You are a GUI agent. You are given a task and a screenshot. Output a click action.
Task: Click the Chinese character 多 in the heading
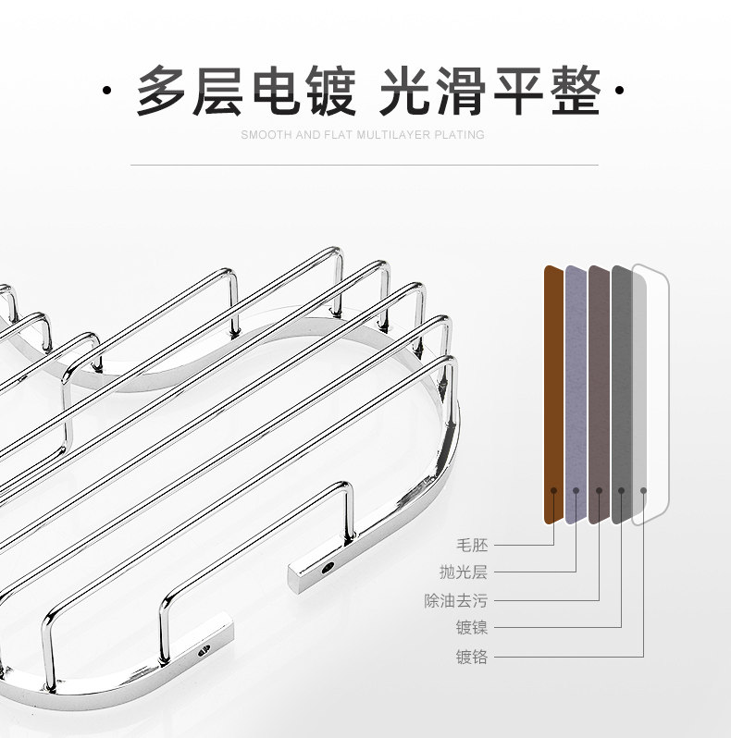click(163, 91)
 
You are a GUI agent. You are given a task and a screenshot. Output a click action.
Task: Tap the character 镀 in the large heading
click(328, 91)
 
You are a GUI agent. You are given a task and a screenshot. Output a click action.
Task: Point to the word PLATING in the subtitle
click(460, 135)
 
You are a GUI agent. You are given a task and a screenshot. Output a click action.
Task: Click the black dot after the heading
click(619, 92)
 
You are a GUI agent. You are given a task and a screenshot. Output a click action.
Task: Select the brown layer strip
click(553, 388)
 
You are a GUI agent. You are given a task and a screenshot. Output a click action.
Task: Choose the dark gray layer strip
click(621, 388)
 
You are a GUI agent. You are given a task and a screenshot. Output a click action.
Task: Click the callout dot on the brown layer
click(553, 490)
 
